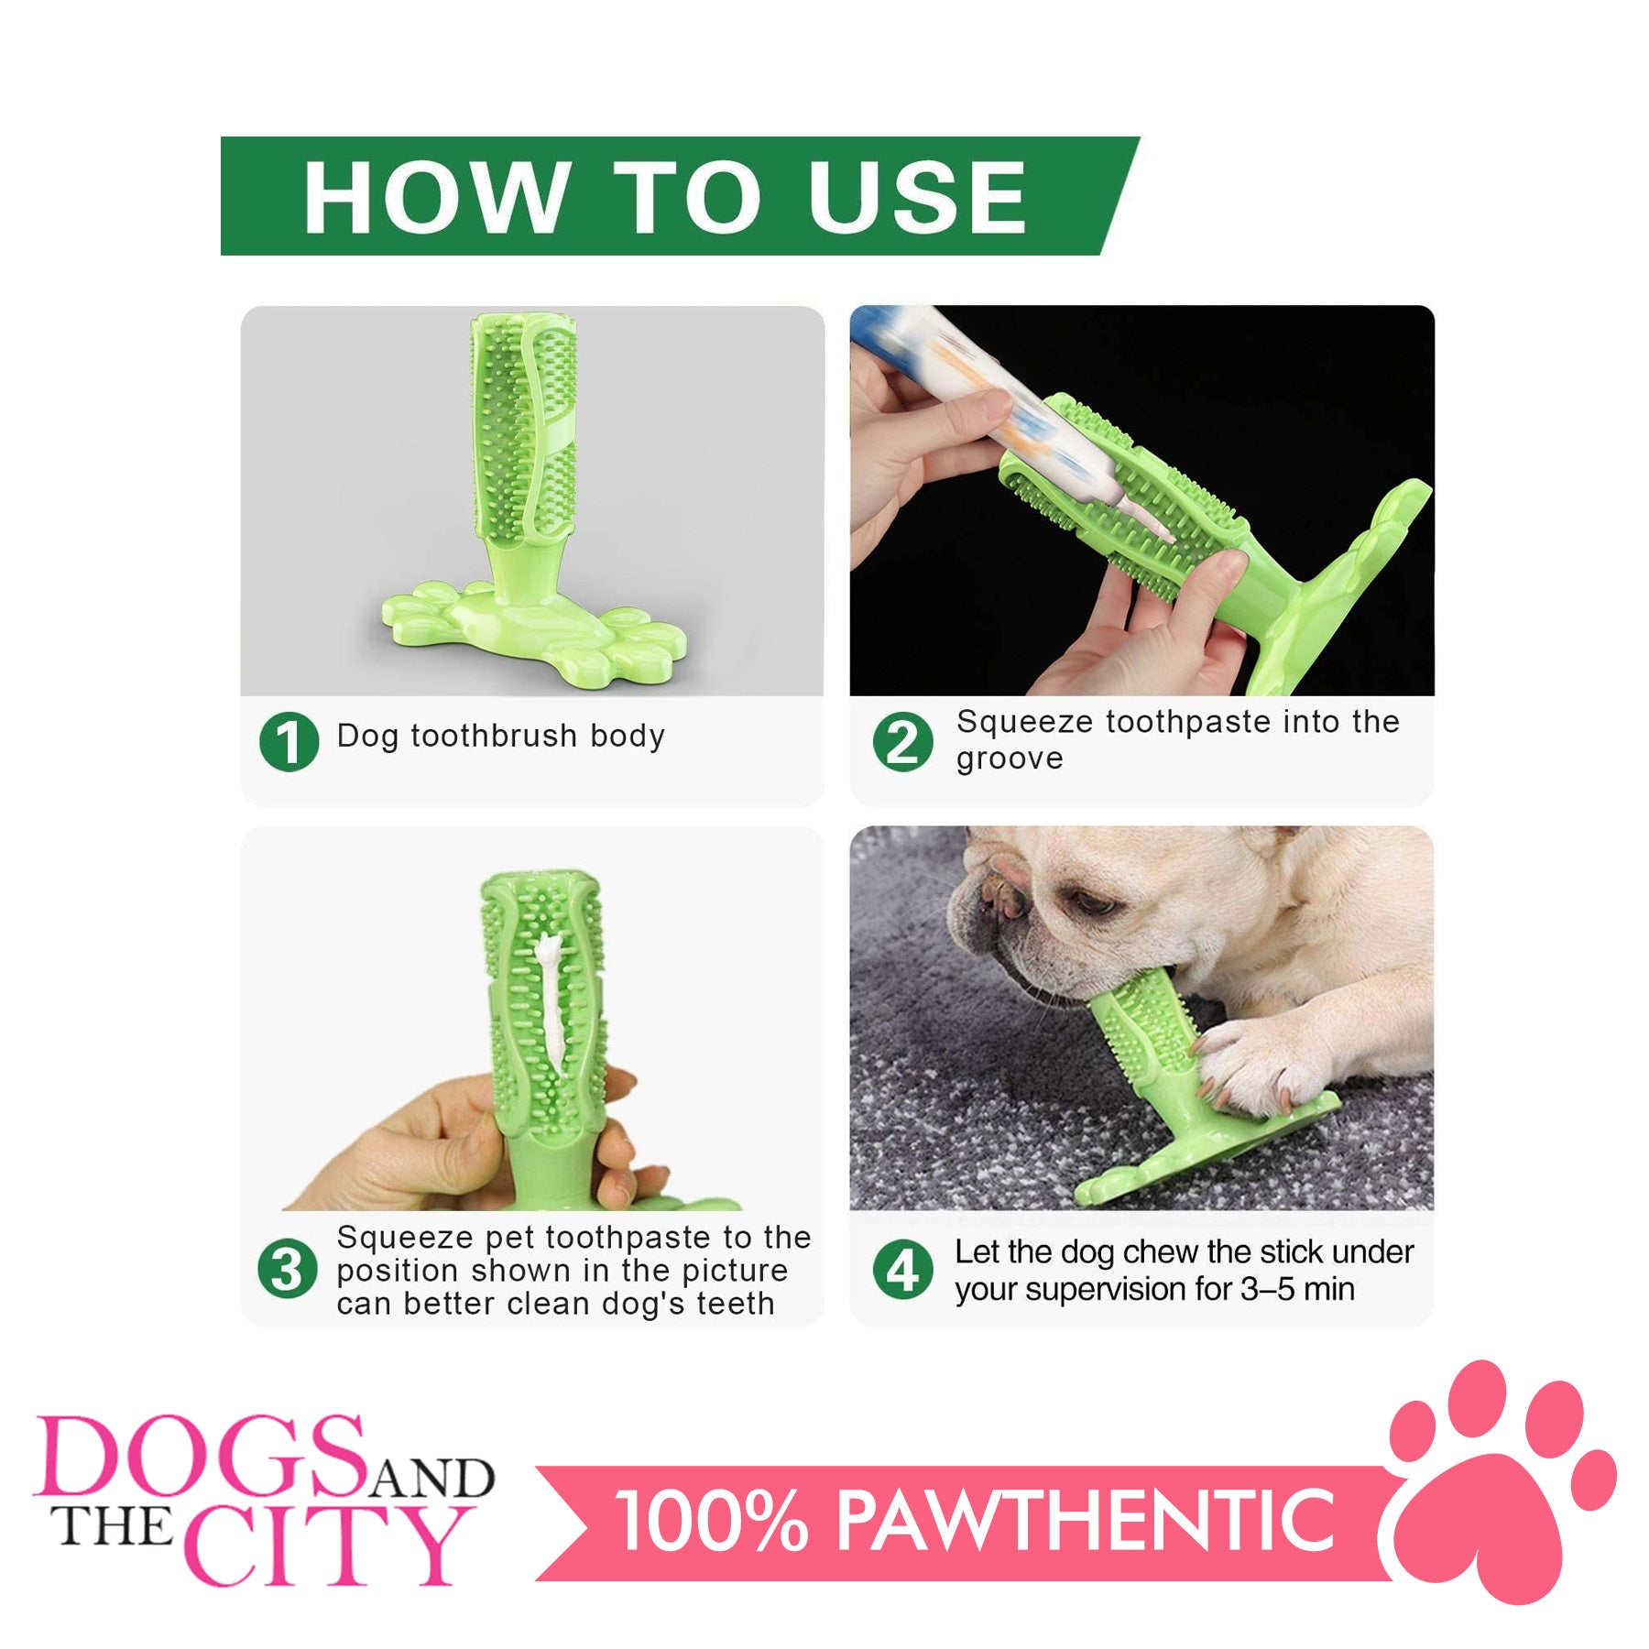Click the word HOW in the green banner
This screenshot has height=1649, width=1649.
[434, 196]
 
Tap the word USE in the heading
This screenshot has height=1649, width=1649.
[916, 196]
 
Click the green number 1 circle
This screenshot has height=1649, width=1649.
[289, 741]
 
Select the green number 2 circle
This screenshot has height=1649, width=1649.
[902, 741]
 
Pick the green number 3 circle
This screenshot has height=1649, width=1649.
[288, 1270]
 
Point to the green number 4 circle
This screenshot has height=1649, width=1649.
[902, 1270]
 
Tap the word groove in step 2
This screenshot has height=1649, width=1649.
[1010, 759]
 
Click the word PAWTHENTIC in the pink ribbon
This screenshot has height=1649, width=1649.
[1086, 1522]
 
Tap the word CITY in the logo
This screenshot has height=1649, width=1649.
[327, 1546]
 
